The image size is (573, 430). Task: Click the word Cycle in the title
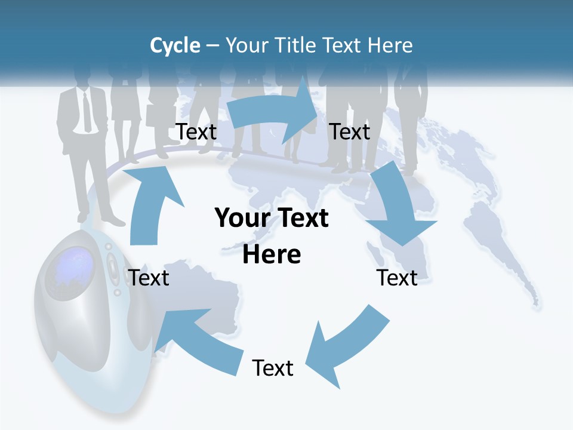coord(175,45)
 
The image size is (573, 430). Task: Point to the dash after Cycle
coord(212,46)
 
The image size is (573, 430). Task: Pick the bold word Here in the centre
coord(272,254)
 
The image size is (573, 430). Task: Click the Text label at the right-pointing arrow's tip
coord(350,131)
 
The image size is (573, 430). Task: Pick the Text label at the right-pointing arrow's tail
coord(196,131)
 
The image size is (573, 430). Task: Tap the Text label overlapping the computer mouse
coord(149,278)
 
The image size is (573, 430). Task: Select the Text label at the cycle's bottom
coord(273,368)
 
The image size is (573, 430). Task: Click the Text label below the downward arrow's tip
coord(397,278)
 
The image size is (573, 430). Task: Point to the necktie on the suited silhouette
coord(87,110)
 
